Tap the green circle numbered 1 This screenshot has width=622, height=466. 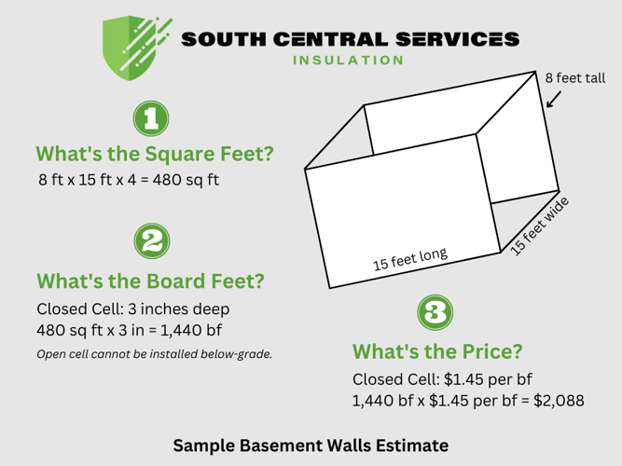(x=153, y=118)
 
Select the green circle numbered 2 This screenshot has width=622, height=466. (x=153, y=242)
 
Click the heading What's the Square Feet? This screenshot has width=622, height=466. (x=154, y=154)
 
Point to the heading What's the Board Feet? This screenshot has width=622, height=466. (x=149, y=280)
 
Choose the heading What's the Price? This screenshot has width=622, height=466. (x=436, y=352)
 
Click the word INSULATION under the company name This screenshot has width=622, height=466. (x=348, y=61)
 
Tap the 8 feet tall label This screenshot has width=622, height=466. (x=575, y=78)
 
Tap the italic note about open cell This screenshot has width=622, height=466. (x=154, y=354)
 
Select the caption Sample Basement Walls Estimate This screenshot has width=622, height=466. (x=311, y=445)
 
